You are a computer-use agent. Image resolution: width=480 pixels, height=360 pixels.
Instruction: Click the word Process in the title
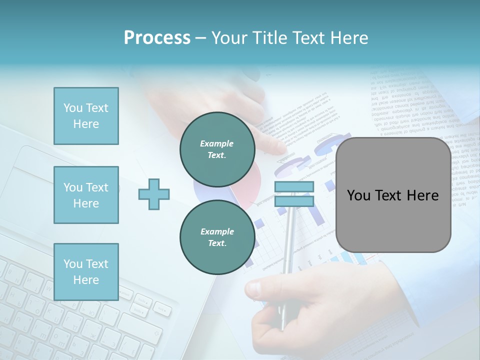point(157,38)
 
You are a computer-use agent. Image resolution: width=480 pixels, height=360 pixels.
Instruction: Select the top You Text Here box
point(86,116)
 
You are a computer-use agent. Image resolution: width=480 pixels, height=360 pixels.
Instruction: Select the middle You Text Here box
point(86,195)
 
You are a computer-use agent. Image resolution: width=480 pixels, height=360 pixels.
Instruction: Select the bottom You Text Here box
point(86,272)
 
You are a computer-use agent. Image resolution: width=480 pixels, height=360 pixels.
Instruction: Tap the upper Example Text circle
point(217,149)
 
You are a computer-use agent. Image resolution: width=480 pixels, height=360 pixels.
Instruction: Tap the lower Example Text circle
point(217,237)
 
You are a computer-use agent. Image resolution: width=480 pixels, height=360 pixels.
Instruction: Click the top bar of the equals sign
point(294,187)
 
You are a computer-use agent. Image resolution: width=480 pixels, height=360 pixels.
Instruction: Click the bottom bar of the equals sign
point(294,201)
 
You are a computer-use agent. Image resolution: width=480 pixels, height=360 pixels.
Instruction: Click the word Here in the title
point(348,38)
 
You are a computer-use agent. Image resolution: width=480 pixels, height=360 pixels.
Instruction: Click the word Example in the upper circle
point(217,143)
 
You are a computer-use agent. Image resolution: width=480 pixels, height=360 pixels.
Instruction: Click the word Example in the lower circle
point(217,231)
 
